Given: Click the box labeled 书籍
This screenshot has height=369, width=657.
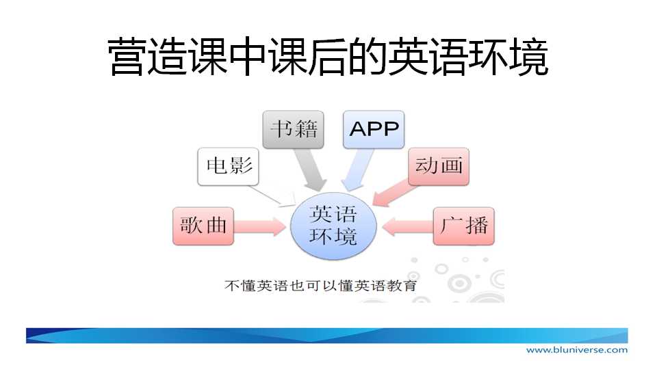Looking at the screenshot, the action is click(294, 129).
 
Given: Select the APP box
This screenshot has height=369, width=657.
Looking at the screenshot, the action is click(374, 129).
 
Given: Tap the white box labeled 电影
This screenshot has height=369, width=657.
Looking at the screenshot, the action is click(229, 166).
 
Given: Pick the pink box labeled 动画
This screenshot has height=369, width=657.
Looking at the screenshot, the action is click(439, 166).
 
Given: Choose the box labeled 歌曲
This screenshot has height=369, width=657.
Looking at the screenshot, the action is click(203, 226).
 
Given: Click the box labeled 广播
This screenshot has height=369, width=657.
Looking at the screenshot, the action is click(464, 226).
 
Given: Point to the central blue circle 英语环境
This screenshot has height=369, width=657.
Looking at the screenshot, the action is click(333, 226).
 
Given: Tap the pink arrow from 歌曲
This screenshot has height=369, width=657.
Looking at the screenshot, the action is click(260, 226).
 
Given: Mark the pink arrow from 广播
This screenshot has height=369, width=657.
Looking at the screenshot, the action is click(408, 226).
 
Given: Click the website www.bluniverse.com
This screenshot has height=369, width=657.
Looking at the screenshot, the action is click(577, 350).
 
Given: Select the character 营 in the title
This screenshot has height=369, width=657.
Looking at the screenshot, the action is click(127, 57).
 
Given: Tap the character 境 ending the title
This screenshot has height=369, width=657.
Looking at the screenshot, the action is click(529, 57).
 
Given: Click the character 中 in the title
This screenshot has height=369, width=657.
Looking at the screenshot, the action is click(248, 57).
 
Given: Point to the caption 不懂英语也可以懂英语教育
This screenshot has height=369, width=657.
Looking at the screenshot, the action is click(320, 286).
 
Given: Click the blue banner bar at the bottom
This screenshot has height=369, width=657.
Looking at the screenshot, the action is click(327, 336).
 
